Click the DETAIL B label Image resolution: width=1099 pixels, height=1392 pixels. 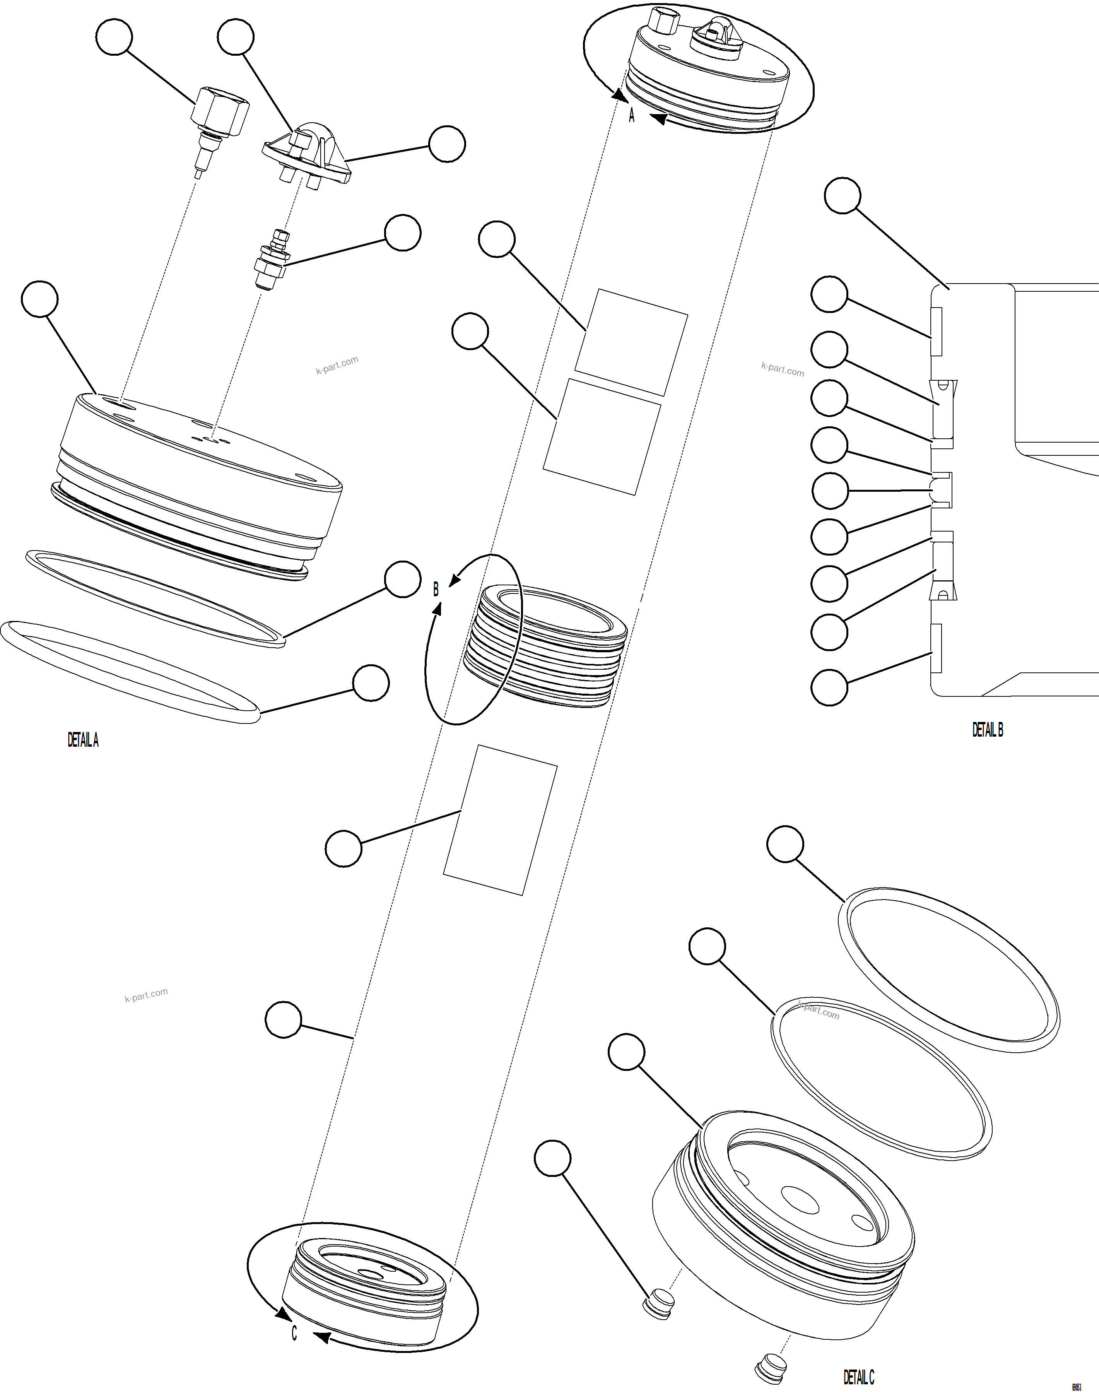(987, 729)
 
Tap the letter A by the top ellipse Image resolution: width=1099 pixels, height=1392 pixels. (631, 116)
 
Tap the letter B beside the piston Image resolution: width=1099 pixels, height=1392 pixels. (436, 590)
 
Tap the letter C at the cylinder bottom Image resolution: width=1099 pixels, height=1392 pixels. (294, 1333)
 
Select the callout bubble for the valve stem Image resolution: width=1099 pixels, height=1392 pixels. (402, 233)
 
